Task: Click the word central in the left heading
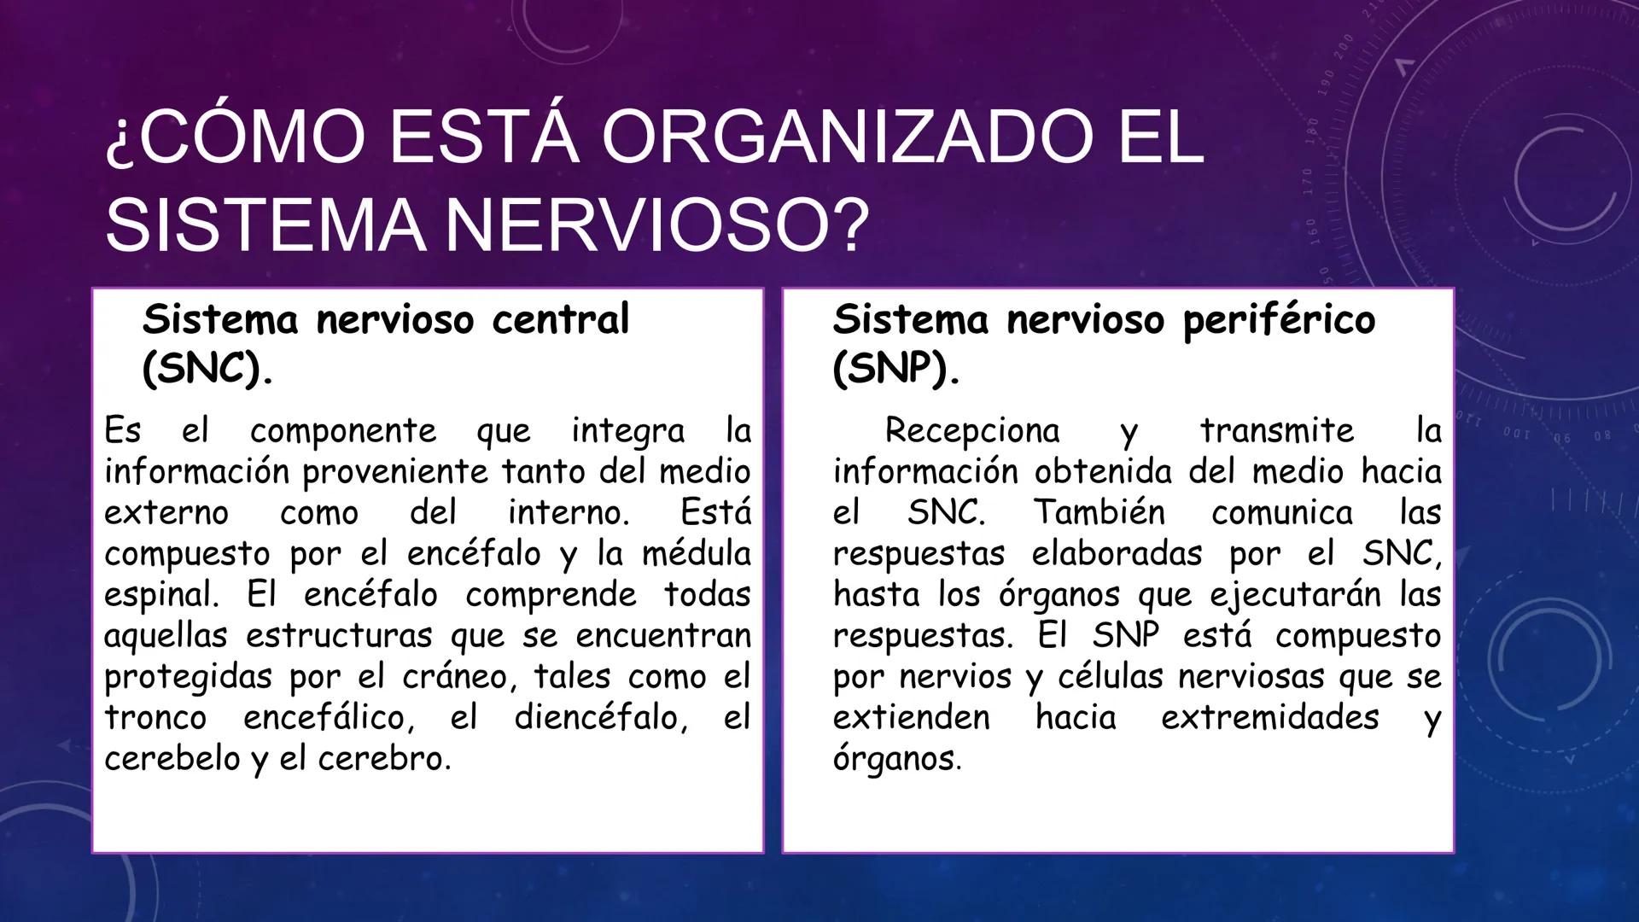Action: tap(560, 319)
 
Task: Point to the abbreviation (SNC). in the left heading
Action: tap(207, 369)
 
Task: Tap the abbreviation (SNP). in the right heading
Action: tap(895, 369)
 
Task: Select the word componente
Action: tap(343, 431)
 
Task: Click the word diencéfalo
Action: tap(600, 717)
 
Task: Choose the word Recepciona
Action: tap(972, 430)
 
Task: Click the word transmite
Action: tap(1277, 430)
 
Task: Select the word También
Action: tap(1099, 512)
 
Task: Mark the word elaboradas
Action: tap(1117, 553)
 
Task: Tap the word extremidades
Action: tap(1269, 717)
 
